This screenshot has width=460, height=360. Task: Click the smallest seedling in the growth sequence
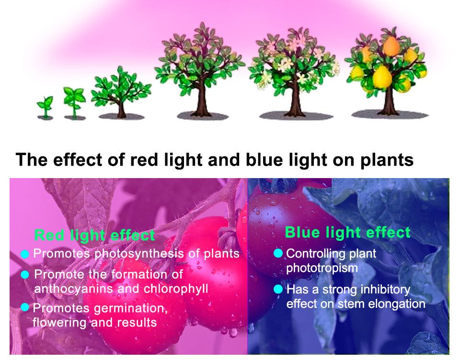coord(46,107)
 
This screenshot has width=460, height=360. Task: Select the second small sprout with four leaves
coord(74,101)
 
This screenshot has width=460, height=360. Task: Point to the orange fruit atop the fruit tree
coord(391,46)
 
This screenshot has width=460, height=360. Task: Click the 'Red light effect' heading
coord(95,235)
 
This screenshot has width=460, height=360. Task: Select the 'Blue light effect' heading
coord(347,232)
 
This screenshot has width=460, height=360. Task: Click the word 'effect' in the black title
coord(78,159)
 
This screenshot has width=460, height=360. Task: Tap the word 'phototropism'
coord(322,268)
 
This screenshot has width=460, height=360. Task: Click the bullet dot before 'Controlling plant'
coord(278,253)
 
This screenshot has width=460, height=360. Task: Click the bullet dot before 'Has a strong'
coord(278,289)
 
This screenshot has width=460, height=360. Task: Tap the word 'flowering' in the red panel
coord(60,322)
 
